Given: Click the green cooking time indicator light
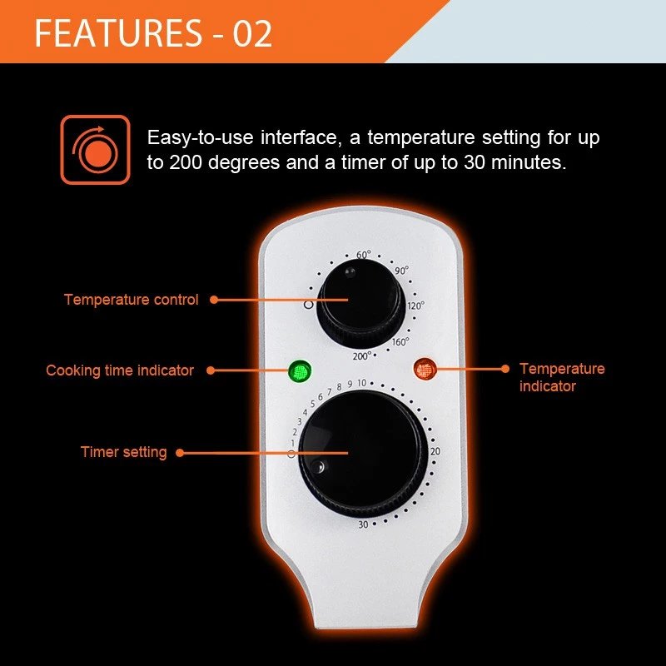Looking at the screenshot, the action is point(300,371).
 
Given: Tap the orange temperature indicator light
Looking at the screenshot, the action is point(425,369).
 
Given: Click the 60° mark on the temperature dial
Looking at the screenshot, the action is point(364,255).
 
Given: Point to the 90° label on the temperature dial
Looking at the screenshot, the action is point(401,271).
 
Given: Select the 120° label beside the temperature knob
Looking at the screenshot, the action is point(415,306).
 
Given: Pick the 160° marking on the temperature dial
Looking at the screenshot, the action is point(400,342).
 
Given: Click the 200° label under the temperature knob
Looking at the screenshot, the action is point(362,356).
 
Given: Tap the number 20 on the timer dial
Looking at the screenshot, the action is point(435,451).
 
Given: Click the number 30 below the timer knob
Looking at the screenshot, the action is point(363,524).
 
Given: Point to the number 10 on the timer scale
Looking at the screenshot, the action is point(361,383).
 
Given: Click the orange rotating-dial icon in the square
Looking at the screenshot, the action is point(95,150).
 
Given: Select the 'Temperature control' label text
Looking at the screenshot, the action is point(132,300).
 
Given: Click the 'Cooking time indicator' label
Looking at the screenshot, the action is point(120,370).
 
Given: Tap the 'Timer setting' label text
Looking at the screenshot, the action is point(123,452).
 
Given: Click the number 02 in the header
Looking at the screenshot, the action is point(252,33).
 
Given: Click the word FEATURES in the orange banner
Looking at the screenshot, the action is point(118,33).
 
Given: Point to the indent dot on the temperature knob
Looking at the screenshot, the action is point(350,272).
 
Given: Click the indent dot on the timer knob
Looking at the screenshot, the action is point(318,467).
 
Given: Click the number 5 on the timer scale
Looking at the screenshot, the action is point(313,404).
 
